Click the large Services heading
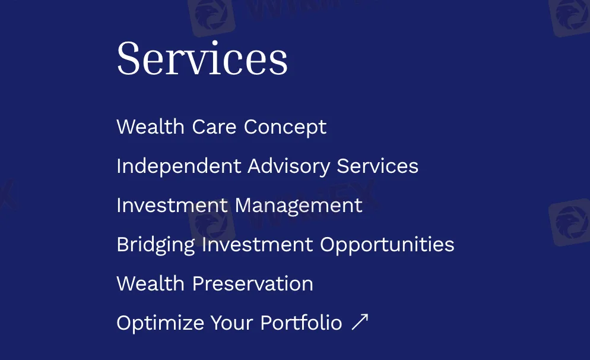click(x=202, y=58)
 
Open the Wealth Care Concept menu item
click(x=221, y=127)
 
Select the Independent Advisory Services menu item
click(x=267, y=166)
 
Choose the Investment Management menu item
click(x=239, y=205)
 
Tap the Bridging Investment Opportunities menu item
click(x=285, y=244)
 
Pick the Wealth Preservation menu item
click(x=214, y=283)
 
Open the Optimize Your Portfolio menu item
click(x=229, y=323)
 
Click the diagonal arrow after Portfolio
click(x=360, y=322)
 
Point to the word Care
click(x=214, y=127)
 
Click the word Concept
click(x=285, y=127)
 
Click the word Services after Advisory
click(x=378, y=166)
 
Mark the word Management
click(x=299, y=205)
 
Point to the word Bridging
click(x=156, y=244)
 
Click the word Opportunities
click(x=387, y=244)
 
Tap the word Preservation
click(x=252, y=283)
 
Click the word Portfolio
click(x=301, y=323)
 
